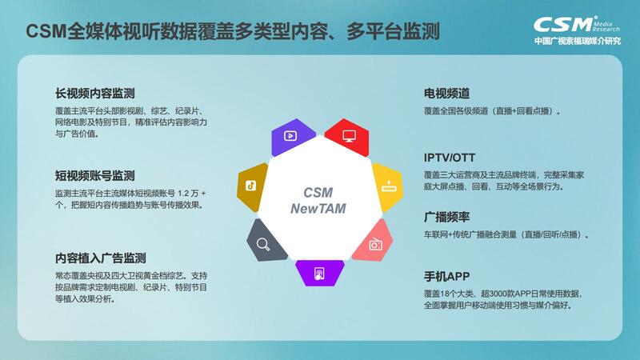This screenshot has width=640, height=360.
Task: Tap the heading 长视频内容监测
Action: [x=95, y=94]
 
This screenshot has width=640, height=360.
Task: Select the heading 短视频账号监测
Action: [x=95, y=176]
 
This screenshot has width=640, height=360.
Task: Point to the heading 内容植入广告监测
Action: [x=101, y=258]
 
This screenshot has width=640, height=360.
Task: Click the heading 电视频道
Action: [x=447, y=94]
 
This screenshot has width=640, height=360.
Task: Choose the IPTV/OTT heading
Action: [x=450, y=158]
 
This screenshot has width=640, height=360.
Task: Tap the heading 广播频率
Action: [x=447, y=217]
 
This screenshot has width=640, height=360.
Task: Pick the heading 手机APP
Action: [x=447, y=276]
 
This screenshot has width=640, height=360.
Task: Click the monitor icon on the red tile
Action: [x=349, y=136]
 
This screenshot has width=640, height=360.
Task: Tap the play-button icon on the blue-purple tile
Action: [x=290, y=135]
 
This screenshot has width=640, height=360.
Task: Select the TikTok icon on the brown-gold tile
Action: [x=250, y=186]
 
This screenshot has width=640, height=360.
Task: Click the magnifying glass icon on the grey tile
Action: [x=263, y=245]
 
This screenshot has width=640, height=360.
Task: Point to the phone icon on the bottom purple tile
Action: [x=319, y=274]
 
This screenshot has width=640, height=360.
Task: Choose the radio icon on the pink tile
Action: [x=375, y=244]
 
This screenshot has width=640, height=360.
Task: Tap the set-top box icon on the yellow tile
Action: [x=389, y=186]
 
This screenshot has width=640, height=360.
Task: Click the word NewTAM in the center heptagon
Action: [x=318, y=209]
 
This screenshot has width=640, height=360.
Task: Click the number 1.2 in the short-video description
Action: [x=184, y=193]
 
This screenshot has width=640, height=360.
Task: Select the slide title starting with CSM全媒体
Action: [x=233, y=31]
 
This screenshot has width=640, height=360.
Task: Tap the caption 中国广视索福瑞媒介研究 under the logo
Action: [x=578, y=41]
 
